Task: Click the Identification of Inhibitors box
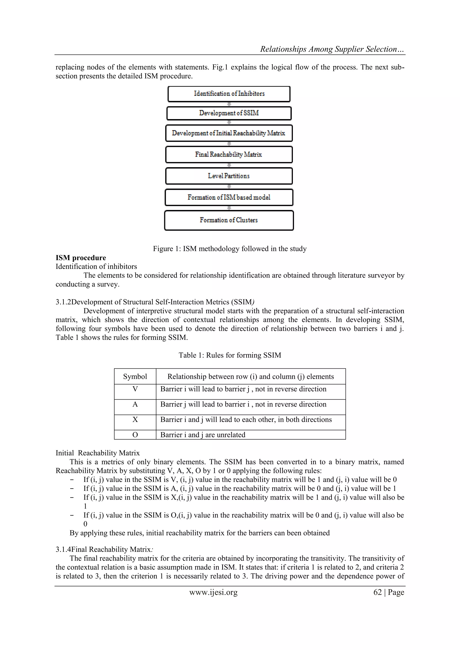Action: (229, 94)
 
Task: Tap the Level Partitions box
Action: (229, 176)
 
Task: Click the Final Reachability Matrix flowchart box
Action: (229, 154)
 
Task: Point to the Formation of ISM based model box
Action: (229, 197)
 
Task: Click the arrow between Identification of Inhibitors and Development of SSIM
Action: (229, 104)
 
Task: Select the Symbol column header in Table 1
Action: (135, 376)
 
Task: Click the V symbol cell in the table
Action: (135, 389)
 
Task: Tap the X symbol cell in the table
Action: (135, 420)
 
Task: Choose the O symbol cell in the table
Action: (135, 435)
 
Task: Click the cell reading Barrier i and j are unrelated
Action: (203, 435)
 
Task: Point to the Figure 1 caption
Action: (230, 249)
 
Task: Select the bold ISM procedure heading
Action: (81, 258)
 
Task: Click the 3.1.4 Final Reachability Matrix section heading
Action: (104, 549)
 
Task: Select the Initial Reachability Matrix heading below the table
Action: (97, 453)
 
